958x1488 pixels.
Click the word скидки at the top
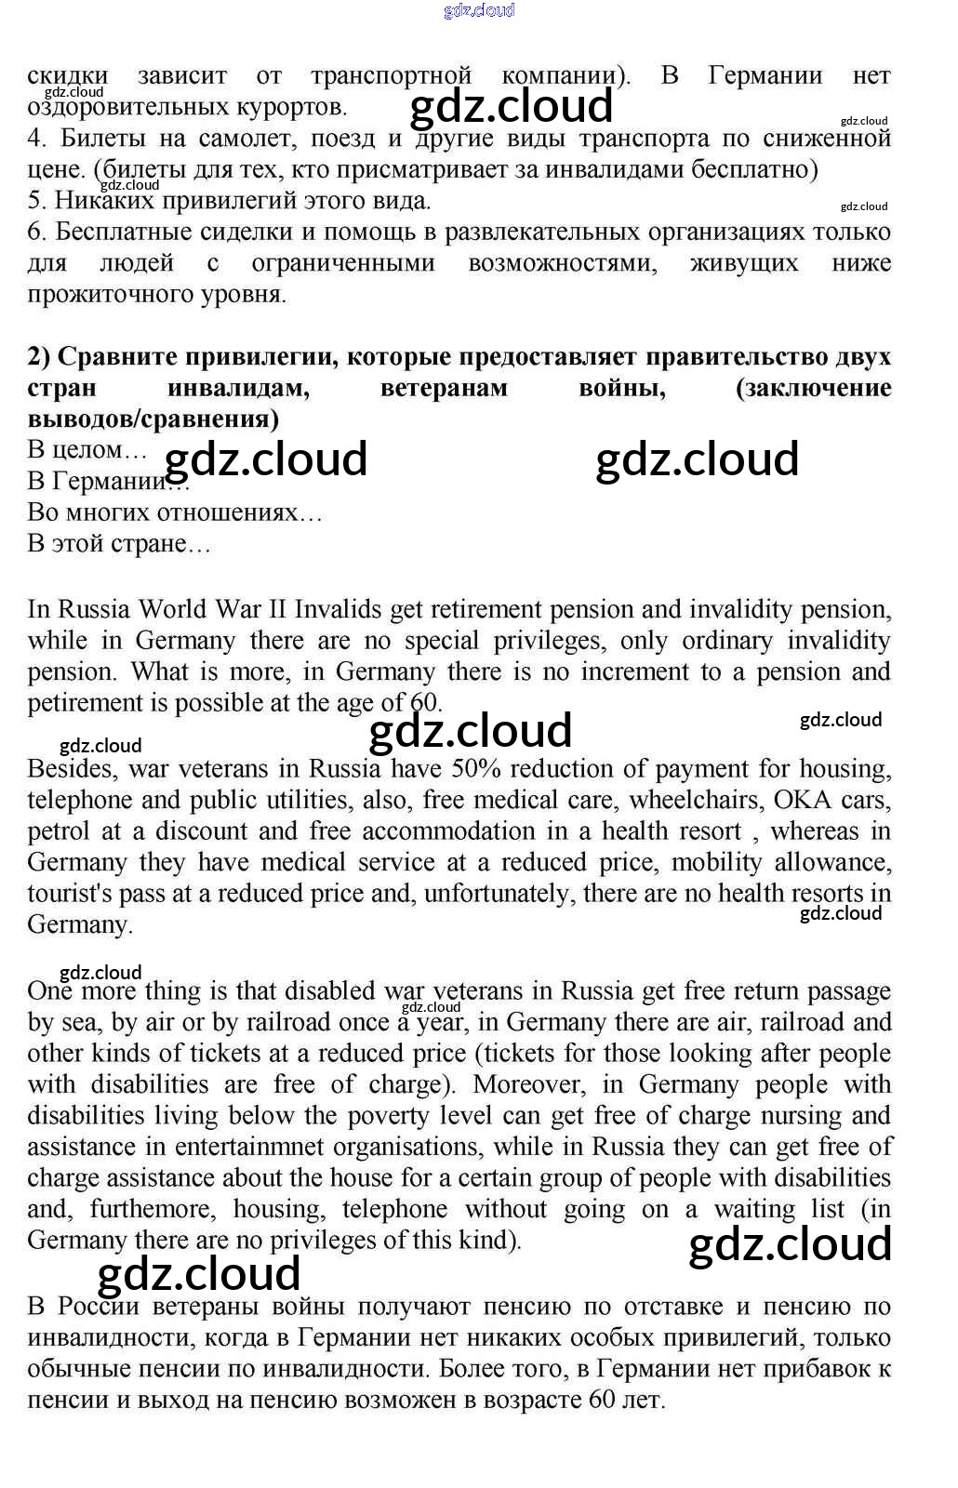point(67,76)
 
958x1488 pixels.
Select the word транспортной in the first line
point(391,76)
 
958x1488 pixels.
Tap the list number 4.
point(36,139)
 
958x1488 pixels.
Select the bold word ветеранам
point(444,388)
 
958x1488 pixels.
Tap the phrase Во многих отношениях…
point(174,512)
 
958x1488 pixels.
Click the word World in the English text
point(174,610)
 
